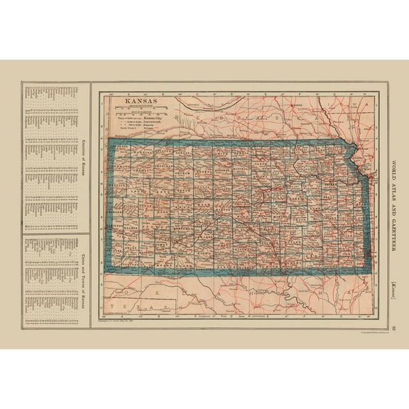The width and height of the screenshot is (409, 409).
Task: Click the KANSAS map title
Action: pos(138,101)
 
